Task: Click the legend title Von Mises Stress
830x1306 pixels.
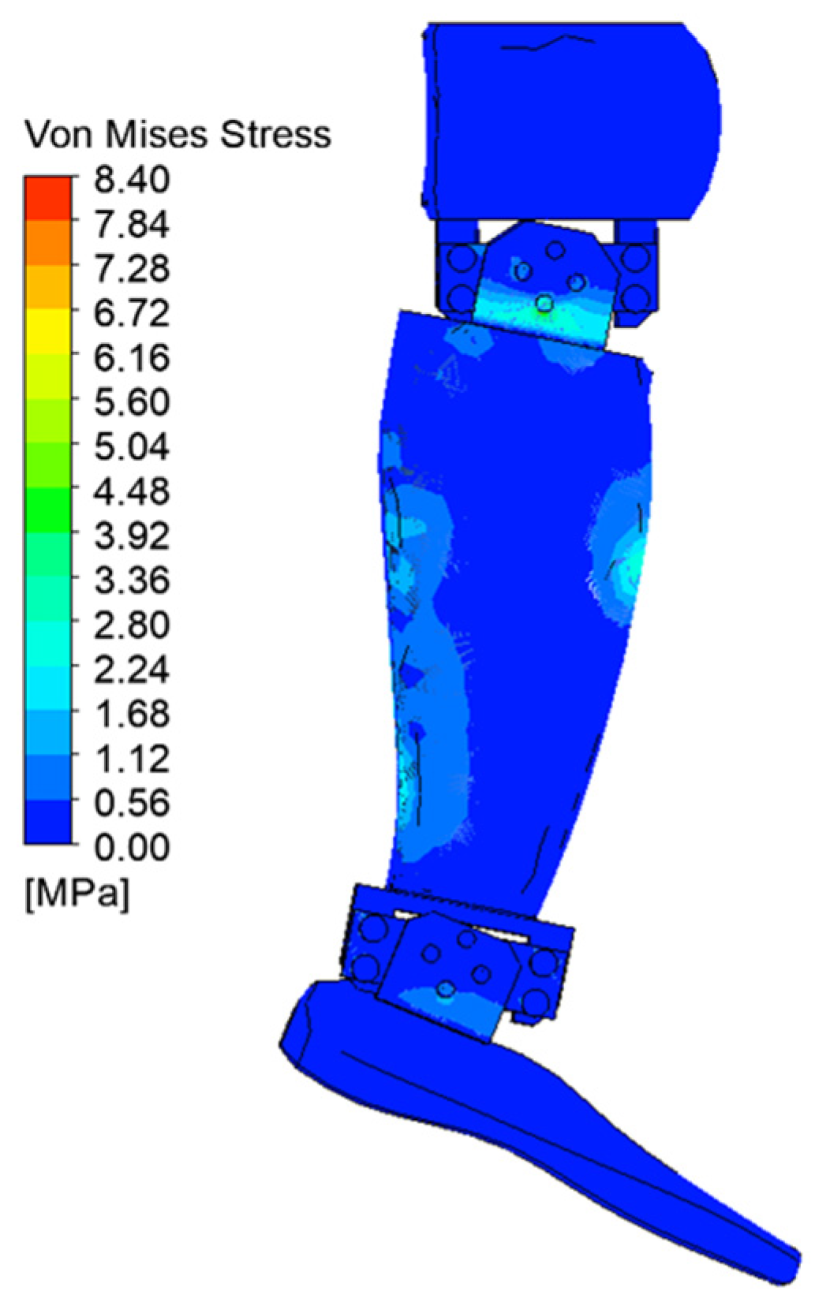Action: coord(178,135)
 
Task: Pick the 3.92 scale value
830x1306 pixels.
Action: coord(133,535)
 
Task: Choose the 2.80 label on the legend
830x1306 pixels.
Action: coord(133,625)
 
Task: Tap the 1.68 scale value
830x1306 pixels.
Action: coord(133,713)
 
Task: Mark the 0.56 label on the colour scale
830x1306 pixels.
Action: coord(133,802)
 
